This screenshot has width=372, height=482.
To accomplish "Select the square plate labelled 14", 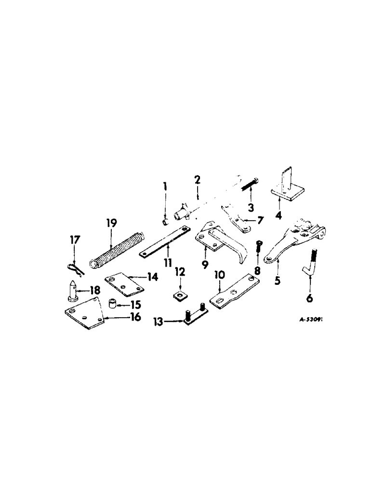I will click(124, 281).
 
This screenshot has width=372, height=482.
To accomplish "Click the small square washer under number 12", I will click(178, 294).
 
